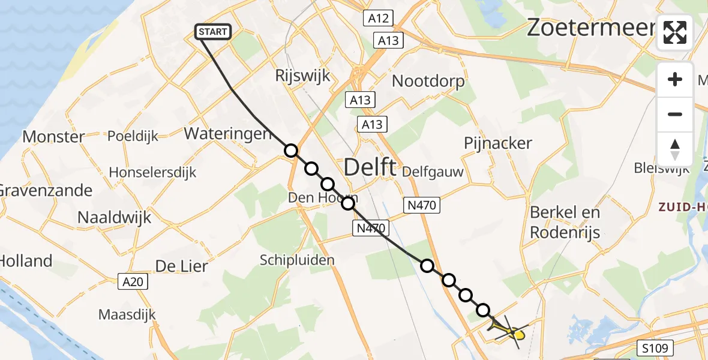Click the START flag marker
pyautogui.click(x=213, y=32)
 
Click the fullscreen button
pyautogui.click(x=675, y=32)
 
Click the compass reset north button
pyautogui.click(x=675, y=149)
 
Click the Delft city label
pyautogui.click(x=370, y=166)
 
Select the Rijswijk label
pyautogui.click(x=295, y=76)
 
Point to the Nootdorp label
pyautogui.click(x=428, y=81)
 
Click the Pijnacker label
pyautogui.click(x=498, y=143)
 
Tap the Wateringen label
pyautogui.click(x=228, y=133)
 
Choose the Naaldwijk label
pyautogui.click(x=114, y=217)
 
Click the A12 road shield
pyautogui.click(x=378, y=19)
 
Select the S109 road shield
pyautogui.click(x=655, y=347)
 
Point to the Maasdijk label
pyautogui.click(x=127, y=314)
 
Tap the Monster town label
pyautogui.click(x=53, y=137)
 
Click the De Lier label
pyautogui.click(x=181, y=266)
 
